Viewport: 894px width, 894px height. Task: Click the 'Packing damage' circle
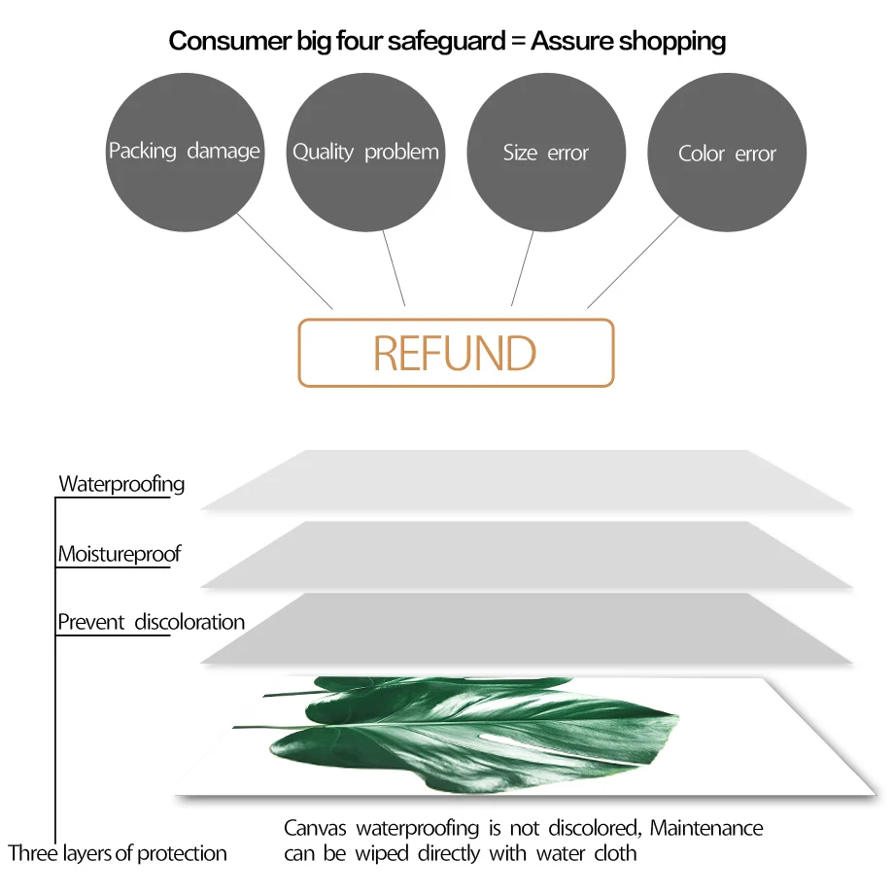point(185,153)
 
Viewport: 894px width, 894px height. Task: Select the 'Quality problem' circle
point(365,153)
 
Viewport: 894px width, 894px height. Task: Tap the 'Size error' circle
point(546,153)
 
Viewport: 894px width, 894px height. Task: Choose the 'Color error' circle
point(727,153)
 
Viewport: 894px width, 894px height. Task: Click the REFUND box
point(456,353)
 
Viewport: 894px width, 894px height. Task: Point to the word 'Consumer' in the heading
point(229,41)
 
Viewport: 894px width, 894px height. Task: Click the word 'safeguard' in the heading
point(446,42)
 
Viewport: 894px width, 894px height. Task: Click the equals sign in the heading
point(518,41)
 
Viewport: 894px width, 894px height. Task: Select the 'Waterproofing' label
point(122,484)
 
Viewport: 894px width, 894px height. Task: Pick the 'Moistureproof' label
point(120,554)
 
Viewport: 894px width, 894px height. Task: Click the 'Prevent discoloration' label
point(151,622)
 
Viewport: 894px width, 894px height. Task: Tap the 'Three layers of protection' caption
point(118,853)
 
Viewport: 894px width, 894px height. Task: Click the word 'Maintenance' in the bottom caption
point(706,828)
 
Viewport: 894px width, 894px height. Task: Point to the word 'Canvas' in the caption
point(315,828)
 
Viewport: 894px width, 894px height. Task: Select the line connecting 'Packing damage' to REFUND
point(285,261)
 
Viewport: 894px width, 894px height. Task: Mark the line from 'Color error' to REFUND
point(634,261)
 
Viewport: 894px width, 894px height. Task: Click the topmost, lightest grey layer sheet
point(527,479)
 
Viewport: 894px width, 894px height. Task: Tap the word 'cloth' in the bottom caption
point(615,853)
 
